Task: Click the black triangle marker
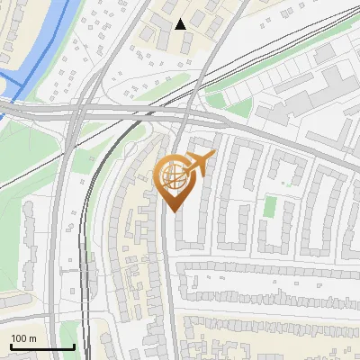tap(181, 23)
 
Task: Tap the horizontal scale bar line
tap(42, 347)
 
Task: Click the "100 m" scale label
tap(24, 338)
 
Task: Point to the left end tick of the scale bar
tap(11, 346)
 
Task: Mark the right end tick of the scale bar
tap(74, 346)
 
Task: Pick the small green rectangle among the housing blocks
tap(269, 206)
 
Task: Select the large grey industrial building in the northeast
tap(306, 103)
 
